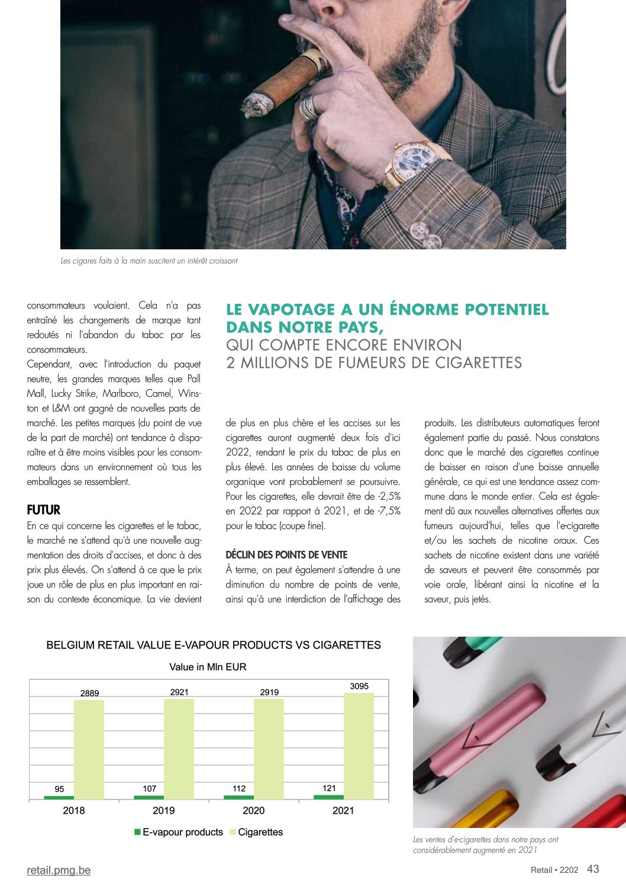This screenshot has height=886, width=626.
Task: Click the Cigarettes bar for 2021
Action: pos(359,746)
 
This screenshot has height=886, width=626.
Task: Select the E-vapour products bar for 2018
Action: pos(59,797)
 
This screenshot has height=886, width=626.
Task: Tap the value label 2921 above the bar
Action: pos(179,692)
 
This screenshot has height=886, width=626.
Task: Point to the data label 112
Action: pos(239,788)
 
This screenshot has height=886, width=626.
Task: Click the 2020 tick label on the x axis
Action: pos(254,810)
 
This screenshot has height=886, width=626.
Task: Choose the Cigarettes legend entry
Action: pos(260,832)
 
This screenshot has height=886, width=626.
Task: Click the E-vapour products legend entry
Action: pos(182,832)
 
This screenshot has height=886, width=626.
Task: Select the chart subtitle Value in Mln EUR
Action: pos(208,667)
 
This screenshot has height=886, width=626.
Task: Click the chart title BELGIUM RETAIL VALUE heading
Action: pos(214,645)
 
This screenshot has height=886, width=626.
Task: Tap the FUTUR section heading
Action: pos(43,510)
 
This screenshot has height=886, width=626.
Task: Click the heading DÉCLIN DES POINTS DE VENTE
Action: pos(286,555)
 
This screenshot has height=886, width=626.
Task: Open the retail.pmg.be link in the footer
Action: pos(59,870)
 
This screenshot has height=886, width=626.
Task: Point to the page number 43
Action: pos(593,869)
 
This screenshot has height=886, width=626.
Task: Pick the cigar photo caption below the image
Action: pos(149,261)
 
